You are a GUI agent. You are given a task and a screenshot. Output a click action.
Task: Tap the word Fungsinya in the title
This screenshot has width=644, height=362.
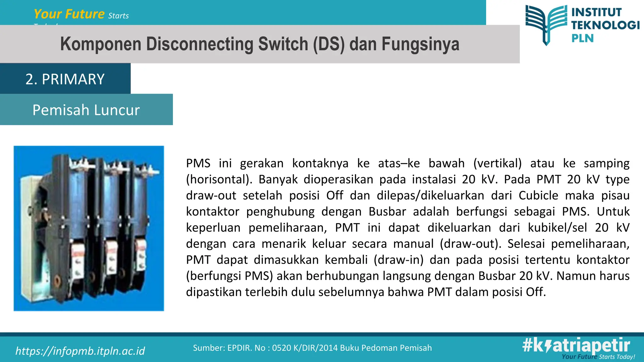[420, 44]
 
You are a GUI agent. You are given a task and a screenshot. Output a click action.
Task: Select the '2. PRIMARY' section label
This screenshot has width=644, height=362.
[65, 79]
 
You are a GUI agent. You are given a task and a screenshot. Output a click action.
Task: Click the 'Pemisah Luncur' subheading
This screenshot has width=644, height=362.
[86, 110]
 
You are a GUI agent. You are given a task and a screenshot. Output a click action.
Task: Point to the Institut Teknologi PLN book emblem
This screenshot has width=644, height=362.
[546, 25]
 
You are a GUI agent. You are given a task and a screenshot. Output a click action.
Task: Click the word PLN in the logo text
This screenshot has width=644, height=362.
[582, 38]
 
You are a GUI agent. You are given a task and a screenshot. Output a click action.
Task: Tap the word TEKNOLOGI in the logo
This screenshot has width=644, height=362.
[605, 25]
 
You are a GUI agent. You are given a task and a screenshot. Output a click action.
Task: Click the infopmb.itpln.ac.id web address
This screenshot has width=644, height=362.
[80, 351]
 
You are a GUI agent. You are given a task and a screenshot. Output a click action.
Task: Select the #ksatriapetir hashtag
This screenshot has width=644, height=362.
[576, 345]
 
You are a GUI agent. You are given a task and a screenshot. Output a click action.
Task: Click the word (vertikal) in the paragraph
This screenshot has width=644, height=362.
[497, 163]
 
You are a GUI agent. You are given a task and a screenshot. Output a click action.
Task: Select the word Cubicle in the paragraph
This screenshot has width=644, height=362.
[538, 195]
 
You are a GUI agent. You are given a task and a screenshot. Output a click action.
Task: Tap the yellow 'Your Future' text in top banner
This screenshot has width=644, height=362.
[69, 14]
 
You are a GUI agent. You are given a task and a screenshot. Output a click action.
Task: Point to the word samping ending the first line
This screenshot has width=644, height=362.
[607, 163]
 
